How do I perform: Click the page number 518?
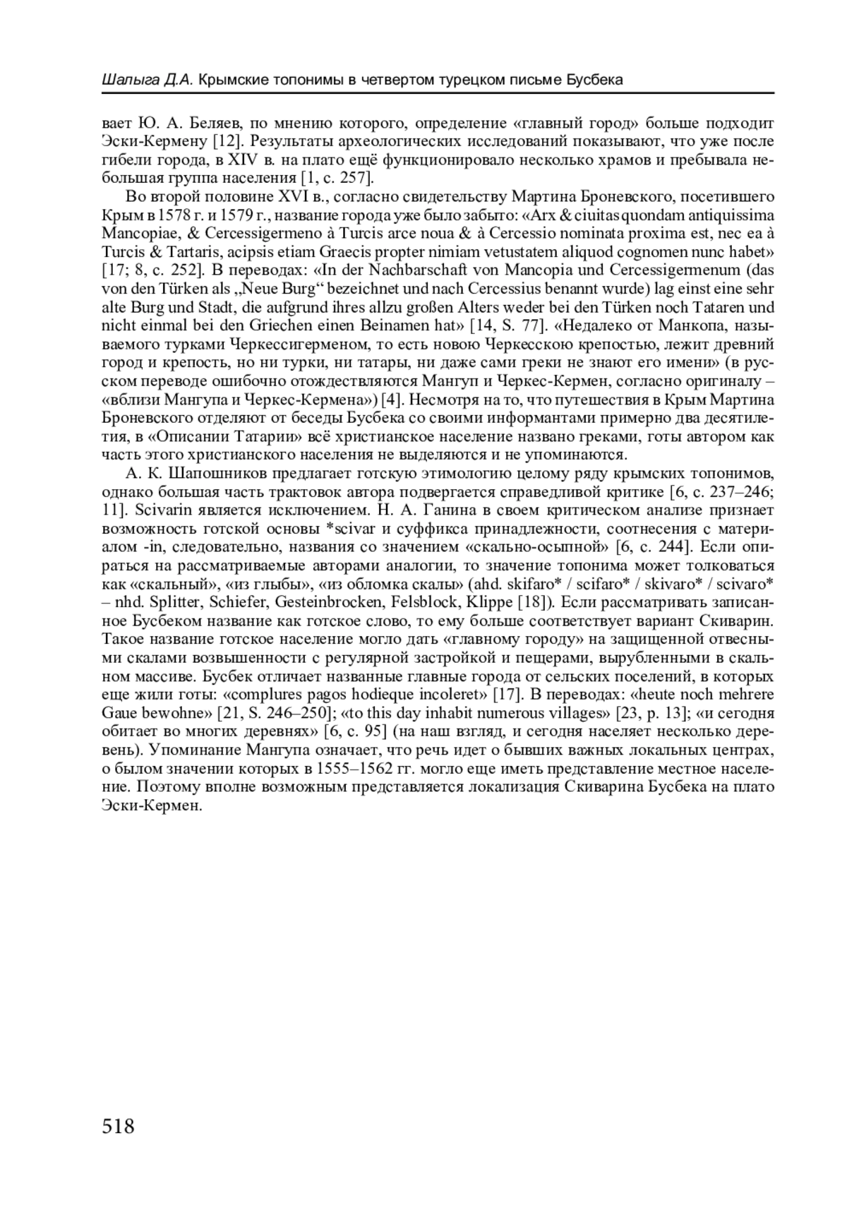[x=118, y=1126]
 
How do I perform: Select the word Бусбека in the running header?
[x=595, y=80]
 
